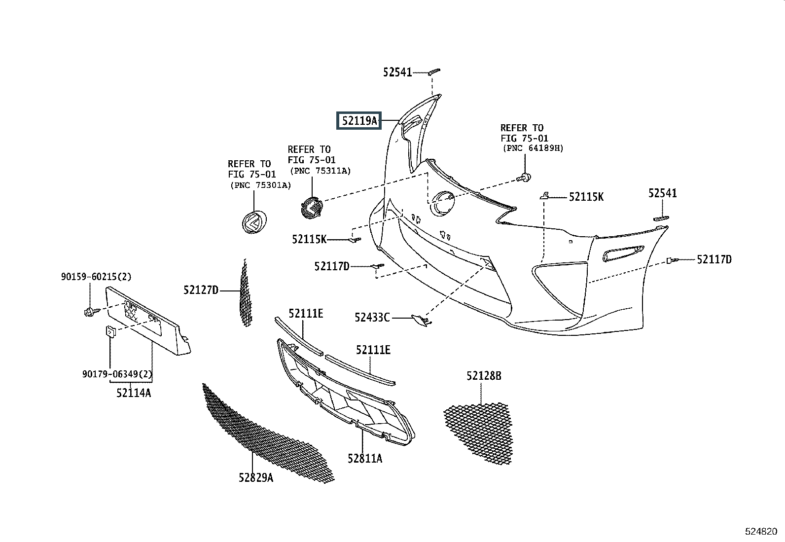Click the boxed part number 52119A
tap(359, 121)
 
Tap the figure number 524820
tap(761, 532)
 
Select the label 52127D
tap(201, 290)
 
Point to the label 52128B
tap(484, 376)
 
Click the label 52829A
tap(256, 477)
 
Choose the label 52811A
tap(365, 458)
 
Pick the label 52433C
tap(372, 318)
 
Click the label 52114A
tap(134, 393)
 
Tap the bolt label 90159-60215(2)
tap(96, 277)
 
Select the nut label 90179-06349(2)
tap(117, 374)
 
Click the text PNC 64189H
tap(534, 148)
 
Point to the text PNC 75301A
tap(261, 185)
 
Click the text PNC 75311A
tap(321, 171)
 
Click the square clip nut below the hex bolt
tap(110, 331)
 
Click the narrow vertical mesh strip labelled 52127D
tap(246, 293)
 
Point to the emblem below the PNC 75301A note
tap(254, 222)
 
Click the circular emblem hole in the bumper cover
tap(443, 203)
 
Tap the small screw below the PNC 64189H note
tap(524, 178)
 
